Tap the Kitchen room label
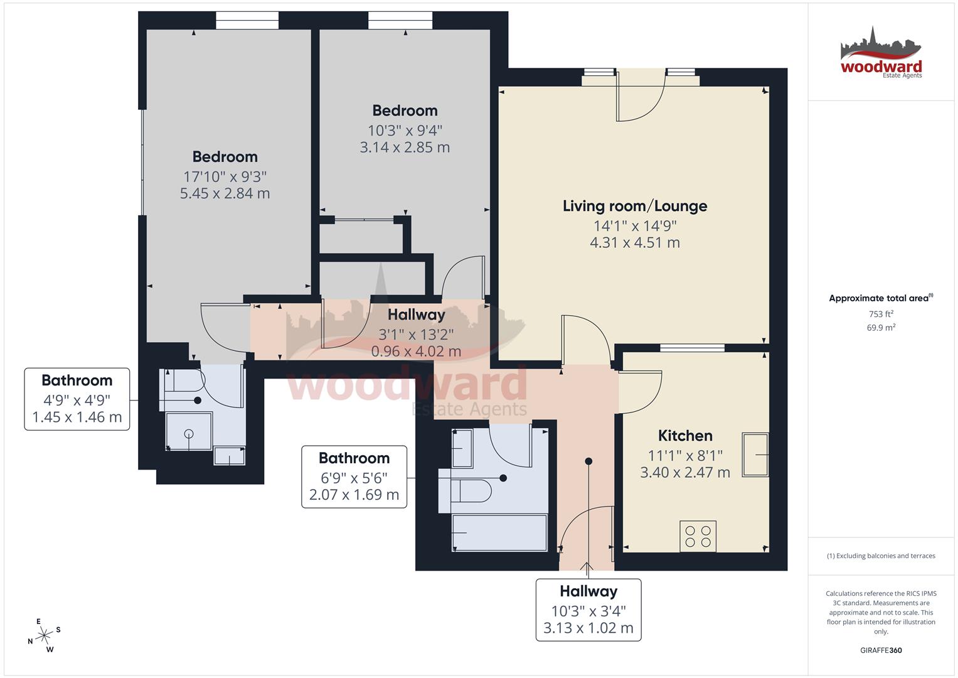pos(684,436)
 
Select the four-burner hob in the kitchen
pos(698,536)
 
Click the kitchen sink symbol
pos(755,455)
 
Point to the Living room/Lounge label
pos(634,206)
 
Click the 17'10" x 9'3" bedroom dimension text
pos(225,176)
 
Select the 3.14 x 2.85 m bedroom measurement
pos(405,148)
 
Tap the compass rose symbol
pos(45,635)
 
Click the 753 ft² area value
pos(881,314)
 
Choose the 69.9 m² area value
pos(881,327)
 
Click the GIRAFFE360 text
pos(881,650)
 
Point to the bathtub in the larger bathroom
pos(499,533)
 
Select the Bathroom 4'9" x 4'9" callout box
pos(77,399)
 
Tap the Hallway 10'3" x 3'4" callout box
pos(588,610)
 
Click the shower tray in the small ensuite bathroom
pos(189,431)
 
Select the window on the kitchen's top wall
pos(692,347)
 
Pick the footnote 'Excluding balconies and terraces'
pos(881,556)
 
